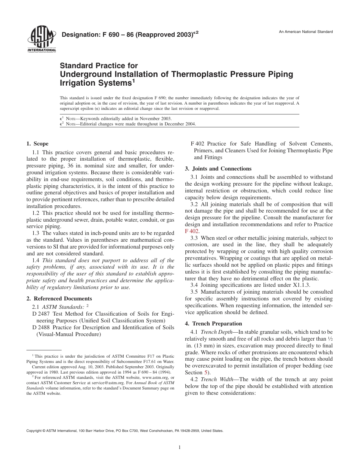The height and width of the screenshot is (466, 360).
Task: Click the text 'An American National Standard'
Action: pos(306,31)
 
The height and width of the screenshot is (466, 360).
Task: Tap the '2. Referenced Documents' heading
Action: pos(59,299)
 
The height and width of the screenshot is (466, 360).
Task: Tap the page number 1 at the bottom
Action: pos(180,447)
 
